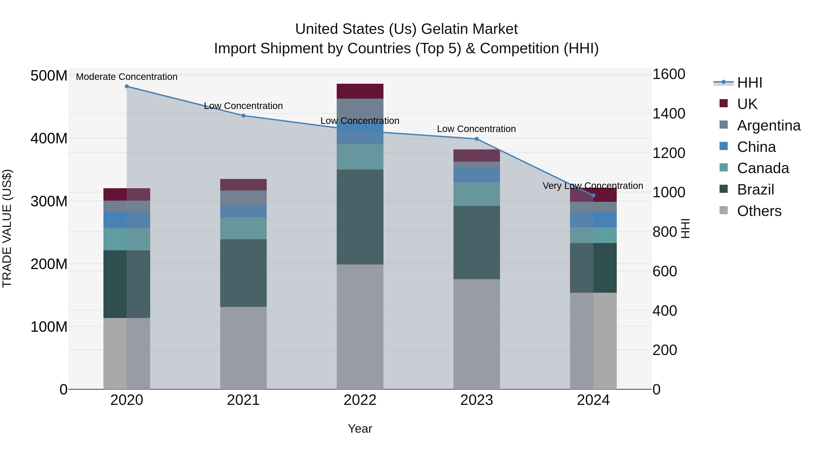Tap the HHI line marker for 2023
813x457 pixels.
point(477,139)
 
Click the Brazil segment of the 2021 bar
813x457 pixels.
point(243,273)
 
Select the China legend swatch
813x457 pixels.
point(724,146)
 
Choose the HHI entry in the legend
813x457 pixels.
point(749,83)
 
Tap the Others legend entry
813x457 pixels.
point(759,211)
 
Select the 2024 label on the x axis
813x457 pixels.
point(593,400)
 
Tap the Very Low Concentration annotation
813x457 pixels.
point(593,186)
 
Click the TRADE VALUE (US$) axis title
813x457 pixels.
point(7,228)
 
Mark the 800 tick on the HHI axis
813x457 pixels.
point(664,232)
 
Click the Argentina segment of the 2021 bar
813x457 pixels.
point(243,198)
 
